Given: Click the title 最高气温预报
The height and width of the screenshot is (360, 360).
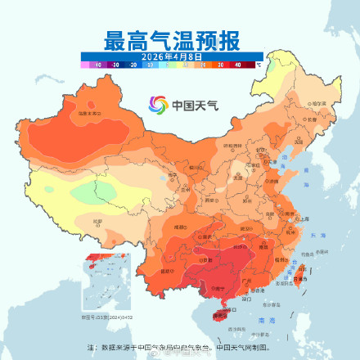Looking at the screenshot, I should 171,40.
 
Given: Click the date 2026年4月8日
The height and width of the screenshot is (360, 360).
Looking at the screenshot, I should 171,56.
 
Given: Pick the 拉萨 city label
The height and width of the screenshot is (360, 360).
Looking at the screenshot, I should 98,222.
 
